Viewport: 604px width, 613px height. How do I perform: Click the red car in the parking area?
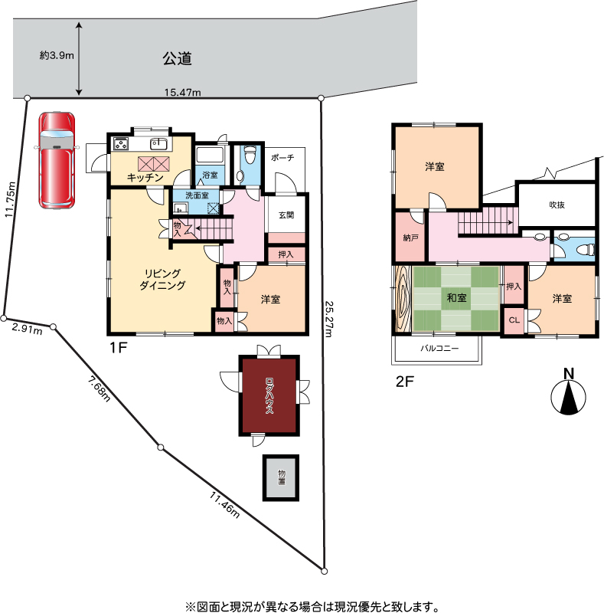pyautogui.click(x=57, y=161)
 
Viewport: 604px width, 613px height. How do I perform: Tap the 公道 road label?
pyautogui.click(x=177, y=59)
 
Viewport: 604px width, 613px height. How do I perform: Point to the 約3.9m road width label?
pyautogui.click(x=57, y=55)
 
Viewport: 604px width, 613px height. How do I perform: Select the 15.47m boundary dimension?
pyautogui.click(x=182, y=92)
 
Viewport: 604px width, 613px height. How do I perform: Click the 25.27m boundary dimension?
pyautogui.click(x=328, y=319)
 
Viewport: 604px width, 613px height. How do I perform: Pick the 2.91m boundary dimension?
pyautogui.click(x=27, y=329)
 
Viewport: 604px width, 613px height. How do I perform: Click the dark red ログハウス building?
pyautogui.click(x=269, y=395)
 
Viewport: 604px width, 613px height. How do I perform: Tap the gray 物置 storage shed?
pyautogui.click(x=281, y=477)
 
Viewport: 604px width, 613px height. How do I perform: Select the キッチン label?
pyautogui.click(x=145, y=178)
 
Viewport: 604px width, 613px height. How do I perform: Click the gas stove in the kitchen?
pyautogui.click(x=121, y=143)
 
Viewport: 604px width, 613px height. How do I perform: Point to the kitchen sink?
pyautogui.click(x=158, y=144)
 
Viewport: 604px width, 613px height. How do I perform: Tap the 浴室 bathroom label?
pyautogui.click(x=211, y=175)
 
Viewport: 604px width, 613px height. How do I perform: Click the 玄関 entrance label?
pyautogui.click(x=286, y=215)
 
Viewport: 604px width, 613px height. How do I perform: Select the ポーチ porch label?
pyautogui.click(x=282, y=158)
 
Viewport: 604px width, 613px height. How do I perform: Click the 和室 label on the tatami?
pyautogui.click(x=457, y=297)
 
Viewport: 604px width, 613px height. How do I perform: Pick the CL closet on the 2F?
pyautogui.click(x=514, y=320)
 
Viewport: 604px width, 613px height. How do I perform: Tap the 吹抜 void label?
pyautogui.click(x=557, y=205)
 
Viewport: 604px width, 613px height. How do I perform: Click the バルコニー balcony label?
pyautogui.click(x=439, y=348)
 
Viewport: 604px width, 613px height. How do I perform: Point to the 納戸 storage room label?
pyautogui.click(x=410, y=238)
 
